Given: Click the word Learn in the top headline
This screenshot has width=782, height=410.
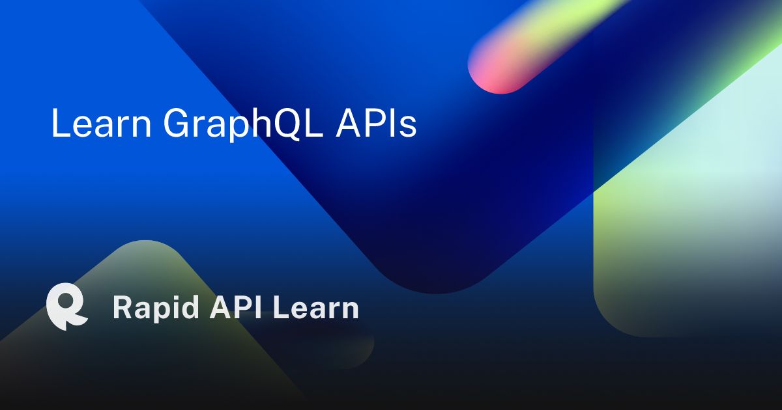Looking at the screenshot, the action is [101, 123].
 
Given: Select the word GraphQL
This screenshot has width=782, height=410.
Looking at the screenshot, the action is [243, 124].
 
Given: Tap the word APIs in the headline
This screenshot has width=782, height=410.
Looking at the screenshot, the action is [377, 123].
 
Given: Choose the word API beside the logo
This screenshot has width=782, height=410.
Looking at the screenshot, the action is [236, 307].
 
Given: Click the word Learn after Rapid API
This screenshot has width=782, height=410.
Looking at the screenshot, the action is [316, 307].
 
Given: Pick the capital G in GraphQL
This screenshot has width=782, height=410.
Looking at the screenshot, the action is [178, 123].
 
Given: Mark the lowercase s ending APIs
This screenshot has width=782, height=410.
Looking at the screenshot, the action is [408, 126].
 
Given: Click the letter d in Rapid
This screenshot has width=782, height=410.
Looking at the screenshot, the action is [190, 307].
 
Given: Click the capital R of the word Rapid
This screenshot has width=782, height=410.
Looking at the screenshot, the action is [123, 307].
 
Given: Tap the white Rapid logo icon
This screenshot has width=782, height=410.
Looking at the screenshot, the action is [66, 307].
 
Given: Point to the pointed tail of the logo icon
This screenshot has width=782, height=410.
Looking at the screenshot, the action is [64, 328].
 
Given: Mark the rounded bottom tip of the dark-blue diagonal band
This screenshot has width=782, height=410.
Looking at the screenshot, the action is [435, 291].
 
